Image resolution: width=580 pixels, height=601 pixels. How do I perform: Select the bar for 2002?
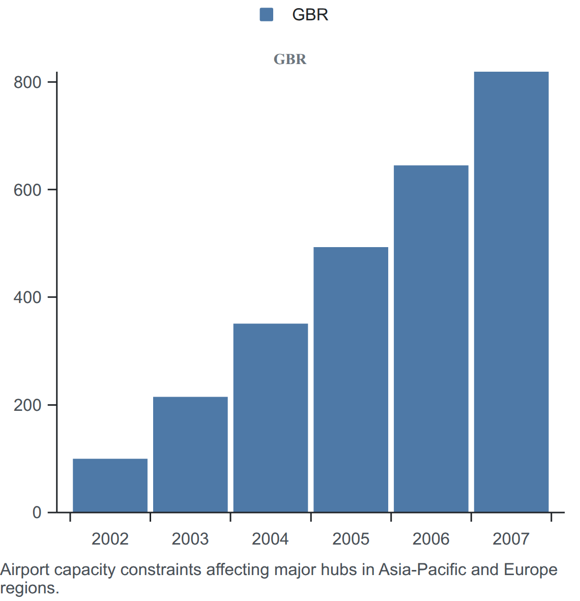pyautogui.click(x=110, y=485)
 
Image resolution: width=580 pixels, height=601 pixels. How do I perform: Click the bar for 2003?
pyautogui.click(x=190, y=454)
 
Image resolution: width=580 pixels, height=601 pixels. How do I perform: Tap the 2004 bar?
pyautogui.click(x=271, y=418)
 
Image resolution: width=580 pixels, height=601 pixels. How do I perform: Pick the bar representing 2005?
pyautogui.click(x=351, y=379)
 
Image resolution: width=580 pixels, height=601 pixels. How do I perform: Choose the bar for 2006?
pyautogui.click(x=431, y=339)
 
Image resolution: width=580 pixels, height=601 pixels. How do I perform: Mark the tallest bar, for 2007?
pyautogui.click(x=511, y=292)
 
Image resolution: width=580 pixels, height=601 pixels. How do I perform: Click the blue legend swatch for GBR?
pyautogui.click(x=266, y=15)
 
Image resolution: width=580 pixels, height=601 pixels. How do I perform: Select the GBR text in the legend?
pyautogui.click(x=310, y=15)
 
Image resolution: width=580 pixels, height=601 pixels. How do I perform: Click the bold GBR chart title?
pyautogui.click(x=290, y=59)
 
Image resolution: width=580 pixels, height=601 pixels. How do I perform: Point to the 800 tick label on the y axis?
pyautogui.click(x=27, y=82)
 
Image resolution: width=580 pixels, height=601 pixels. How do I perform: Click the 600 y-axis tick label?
pyautogui.click(x=27, y=190)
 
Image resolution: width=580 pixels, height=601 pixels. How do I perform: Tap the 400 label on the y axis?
pyautogui.click(x=27, y=297)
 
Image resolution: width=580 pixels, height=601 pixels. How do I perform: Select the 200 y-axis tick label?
pyautogui.click(x=27, y=405)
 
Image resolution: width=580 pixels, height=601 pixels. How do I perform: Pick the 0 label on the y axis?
pyautogui.click(x=37, y=512)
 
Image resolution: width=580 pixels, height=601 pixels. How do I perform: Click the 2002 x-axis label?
pyautogui.click(x=110, y=539)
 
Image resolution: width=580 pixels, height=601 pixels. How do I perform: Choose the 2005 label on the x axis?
pyautogui.click(x=351, y=539)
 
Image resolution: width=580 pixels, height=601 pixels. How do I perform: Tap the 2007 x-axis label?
pyautogui.click(x=511, y=539)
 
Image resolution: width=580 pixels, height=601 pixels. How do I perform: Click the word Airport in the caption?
pyautogui.click(x=25, y=570)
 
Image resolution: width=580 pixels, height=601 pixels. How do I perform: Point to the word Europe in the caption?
pyautogui.click(x=531, y=570)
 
